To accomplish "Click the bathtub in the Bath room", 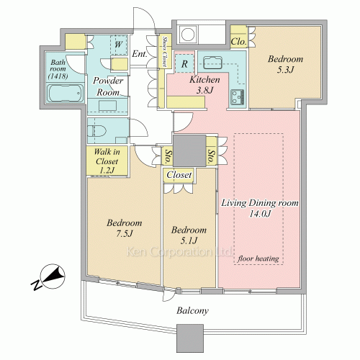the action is (66, 93).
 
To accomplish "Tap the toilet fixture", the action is (96, 131).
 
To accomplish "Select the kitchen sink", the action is (212, 63).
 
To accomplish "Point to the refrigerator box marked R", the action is (184, 64).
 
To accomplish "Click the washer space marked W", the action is (119, 45).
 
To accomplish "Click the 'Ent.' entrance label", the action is (140, 54).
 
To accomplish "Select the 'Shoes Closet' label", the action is (165, 51).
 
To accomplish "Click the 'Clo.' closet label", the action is (238, 42).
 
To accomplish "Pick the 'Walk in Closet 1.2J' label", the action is (107, 161).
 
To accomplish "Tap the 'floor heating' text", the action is (258, 258).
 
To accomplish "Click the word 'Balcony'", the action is (192, 311).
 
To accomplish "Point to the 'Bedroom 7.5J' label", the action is (125, 228).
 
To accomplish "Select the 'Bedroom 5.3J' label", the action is (285, 64).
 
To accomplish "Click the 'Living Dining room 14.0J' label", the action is (260, 208).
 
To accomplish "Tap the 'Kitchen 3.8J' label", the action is (204, 85).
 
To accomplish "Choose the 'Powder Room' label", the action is (108, 86).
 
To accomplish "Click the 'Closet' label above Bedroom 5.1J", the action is (179, 175).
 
